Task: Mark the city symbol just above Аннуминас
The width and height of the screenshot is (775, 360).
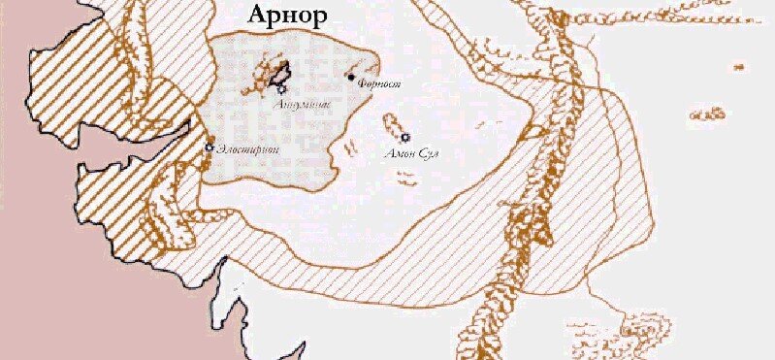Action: pyautogui.click(x=282, y=88)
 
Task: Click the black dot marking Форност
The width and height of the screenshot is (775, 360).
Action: pyautogui.click(x=351, y=76)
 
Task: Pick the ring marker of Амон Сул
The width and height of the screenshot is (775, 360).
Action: pyautogui.click(x=404, y=138)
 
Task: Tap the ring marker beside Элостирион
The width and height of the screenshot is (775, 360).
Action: pyautogui.click(x=210, y=147)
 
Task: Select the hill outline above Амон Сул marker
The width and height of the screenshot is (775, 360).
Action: pyautogui.click(x=392, y=125)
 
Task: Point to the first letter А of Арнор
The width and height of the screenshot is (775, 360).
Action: pyautogui.click(x=258, y=17)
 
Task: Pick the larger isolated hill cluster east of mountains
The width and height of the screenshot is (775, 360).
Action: pyautogui.click(x=714, y=115)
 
